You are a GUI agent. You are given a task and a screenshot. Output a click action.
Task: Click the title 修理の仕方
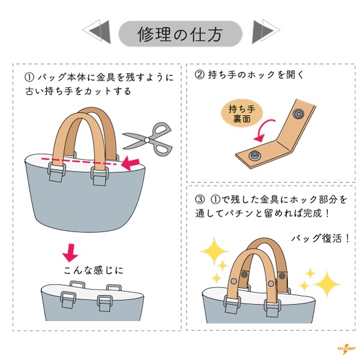pyautogui.click(x=180, y=34)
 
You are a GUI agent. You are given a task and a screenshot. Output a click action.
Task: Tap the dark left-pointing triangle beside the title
pyautogui.click(x=101, y=32)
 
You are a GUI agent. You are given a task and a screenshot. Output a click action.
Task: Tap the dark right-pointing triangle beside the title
pyautogui.click(x=262, y=32)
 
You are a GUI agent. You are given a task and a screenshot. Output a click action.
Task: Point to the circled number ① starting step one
pyautogui.click(x=29, y=77)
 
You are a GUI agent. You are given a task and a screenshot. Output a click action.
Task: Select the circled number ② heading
pyautogui.click(x=200, y=74)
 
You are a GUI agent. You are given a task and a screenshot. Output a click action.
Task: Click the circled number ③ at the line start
pyautogui.click(x=200, y=199)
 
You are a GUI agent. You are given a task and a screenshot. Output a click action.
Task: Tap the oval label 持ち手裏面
pyautogui.click(x=242, y=113)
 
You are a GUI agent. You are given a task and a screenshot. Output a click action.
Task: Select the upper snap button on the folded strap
pyautogui.click(x=298, y=113)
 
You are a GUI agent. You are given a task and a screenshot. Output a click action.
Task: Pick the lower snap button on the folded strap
pyautogui.click(x=255, y=155)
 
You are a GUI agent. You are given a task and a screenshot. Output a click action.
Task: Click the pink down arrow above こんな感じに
pyautogui.click(x=70, y=253)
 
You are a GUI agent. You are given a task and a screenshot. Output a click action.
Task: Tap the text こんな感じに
pyautogui.click(x=94, y=270)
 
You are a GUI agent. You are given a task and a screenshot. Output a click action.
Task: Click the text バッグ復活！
pyautogui.click(x=320, y=238)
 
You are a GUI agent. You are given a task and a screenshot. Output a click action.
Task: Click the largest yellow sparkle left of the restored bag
pyautogui.click(x=214, y=251)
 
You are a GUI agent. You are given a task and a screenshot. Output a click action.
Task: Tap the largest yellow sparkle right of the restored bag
pyautogui.click(x=327, y=284)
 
